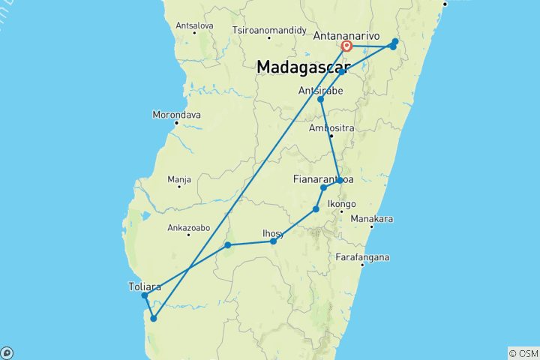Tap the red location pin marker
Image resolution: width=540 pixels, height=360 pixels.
pyautogui.click(x=347, y=46)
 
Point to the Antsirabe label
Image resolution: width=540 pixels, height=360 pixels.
pyautogui.click(x=321, y=90)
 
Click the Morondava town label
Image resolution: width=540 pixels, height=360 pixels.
pyautogui.click(x=176, y=114)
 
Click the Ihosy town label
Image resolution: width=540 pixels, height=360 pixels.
pyautogui.click(x=273, y=232)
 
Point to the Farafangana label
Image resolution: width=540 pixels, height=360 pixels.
pyautogui.click(x=363, y=257)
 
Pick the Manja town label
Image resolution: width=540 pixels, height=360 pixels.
pyautogui.click(x=179, y=179)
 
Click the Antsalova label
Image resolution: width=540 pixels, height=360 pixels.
pyautogui.click(x=194, y=25)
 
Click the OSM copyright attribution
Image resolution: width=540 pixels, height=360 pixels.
pyautogui.click(x=523, y=353)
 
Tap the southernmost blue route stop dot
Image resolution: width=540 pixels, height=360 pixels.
pyautogui.click(x=154, y=319)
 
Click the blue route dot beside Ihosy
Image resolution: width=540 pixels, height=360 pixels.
pyautogui.click(x=274, y=241)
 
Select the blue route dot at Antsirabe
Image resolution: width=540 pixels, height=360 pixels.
pyautogui.click(x=320, y=99)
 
